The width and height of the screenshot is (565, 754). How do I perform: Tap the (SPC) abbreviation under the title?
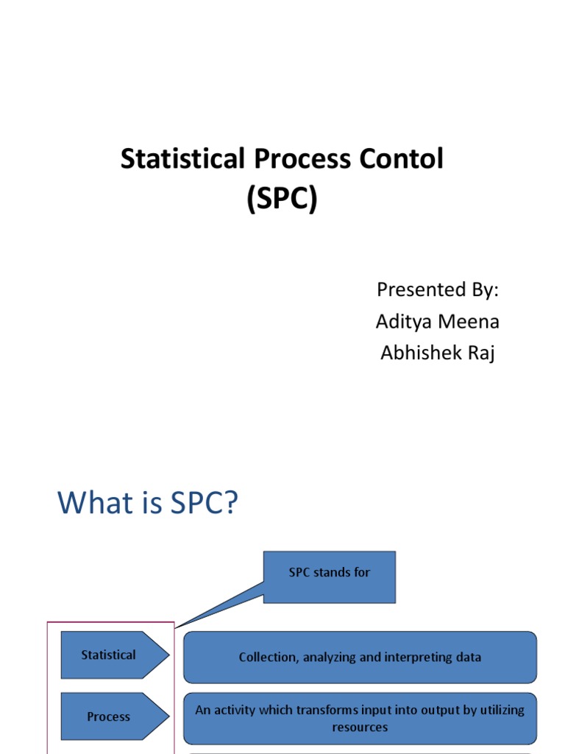point(282,199)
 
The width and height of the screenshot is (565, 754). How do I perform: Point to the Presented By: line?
point(438,289)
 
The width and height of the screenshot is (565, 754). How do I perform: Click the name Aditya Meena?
point(438,321)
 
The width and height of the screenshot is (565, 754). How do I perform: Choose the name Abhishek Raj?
point(438,353)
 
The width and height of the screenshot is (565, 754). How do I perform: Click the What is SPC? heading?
point(149,504)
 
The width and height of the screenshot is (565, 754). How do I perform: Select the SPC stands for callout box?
point(330,577)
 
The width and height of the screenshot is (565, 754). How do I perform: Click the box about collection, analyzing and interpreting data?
point(360,657)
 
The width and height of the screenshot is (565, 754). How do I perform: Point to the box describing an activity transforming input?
point(360,718)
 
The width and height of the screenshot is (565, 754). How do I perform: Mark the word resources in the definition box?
point(360,727)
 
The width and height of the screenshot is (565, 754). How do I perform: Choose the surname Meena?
point(473,321)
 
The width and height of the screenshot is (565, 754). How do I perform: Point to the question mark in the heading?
point(232,504)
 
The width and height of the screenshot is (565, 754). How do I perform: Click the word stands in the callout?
point(331,572)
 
